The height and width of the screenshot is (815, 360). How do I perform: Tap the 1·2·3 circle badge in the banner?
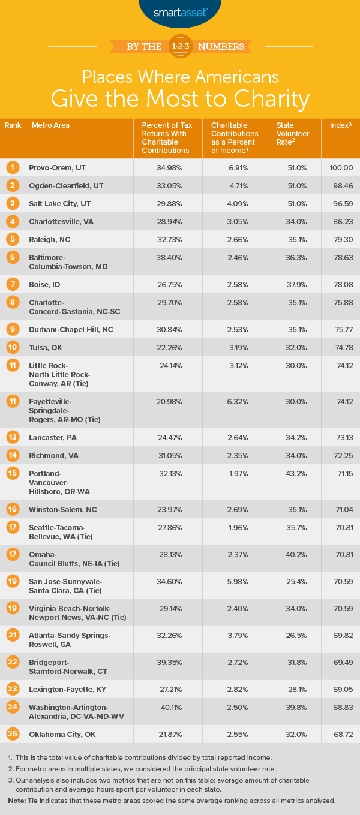click(x=180, y=46)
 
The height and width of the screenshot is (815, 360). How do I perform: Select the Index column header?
click(x=340, y=125)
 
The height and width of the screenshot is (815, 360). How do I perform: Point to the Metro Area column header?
click(x=49, y=125)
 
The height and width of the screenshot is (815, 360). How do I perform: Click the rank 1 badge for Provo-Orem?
click(x=13, y=167)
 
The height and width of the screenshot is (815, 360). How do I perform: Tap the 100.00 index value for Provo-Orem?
click(x=340, y=167)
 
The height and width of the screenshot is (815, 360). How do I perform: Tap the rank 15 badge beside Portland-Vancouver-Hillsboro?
click(x=13, y=473)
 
